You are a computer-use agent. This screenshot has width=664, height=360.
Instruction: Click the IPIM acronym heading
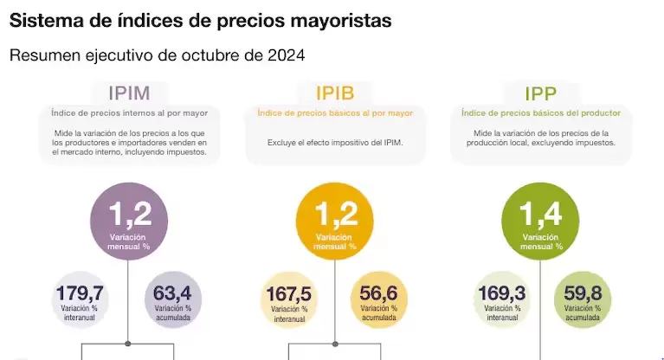tap(130, 93)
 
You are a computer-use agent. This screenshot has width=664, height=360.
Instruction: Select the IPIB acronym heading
tap(334, 93)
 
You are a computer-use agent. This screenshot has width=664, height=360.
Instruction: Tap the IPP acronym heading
tap(540, 93)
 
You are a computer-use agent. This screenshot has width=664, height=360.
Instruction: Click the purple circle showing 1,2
tap(129, 222)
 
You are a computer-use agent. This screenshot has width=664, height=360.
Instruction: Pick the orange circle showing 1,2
tap(334, 222)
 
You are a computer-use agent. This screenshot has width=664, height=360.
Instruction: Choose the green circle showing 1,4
tap(541, 222)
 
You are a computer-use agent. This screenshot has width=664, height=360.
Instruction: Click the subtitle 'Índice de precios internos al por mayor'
tap(130, 113)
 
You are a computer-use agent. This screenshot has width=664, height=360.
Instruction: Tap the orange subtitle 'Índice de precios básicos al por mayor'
tap(334, 113)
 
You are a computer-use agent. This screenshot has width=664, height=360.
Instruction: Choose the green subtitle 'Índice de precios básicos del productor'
tap(540, 113)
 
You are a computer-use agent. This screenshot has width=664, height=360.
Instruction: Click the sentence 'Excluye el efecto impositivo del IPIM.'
tap(334, 142)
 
